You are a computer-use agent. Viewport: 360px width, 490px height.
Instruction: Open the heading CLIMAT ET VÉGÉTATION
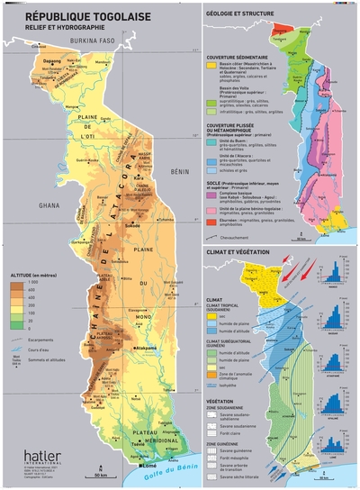(239, 250)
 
